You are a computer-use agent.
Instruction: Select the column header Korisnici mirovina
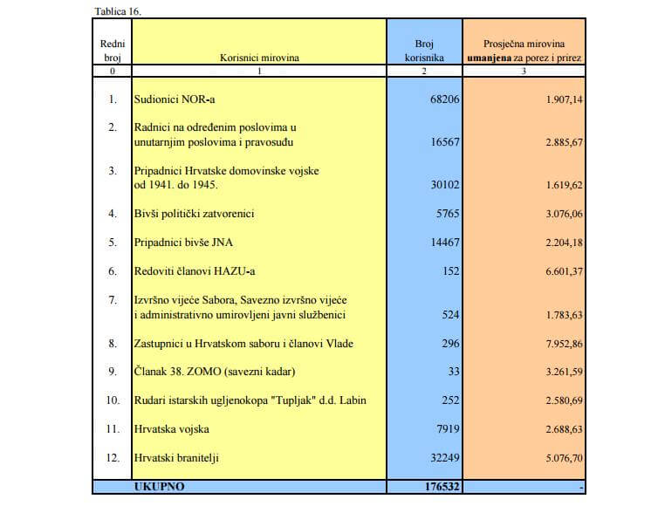click(x=259, y=58)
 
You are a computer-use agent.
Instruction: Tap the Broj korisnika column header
click(x=424, y=51)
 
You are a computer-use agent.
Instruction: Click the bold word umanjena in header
click(x=491, y=58)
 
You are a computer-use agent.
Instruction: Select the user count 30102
click(x=445, y=185)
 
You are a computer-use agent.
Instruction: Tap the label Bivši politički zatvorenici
click(x=194, y=214)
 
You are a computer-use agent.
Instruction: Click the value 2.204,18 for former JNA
click(x=564, y=243)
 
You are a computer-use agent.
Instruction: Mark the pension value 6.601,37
click(x=564, y=271)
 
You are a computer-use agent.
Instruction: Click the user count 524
click(x=450, y=314)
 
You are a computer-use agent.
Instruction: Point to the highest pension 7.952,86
click(x=564, y=343)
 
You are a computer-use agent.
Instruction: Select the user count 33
click(x=453, y=372)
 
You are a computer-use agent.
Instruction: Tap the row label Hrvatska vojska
click(x=171, y=429)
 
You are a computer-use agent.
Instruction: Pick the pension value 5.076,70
click(x=564, y=457)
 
